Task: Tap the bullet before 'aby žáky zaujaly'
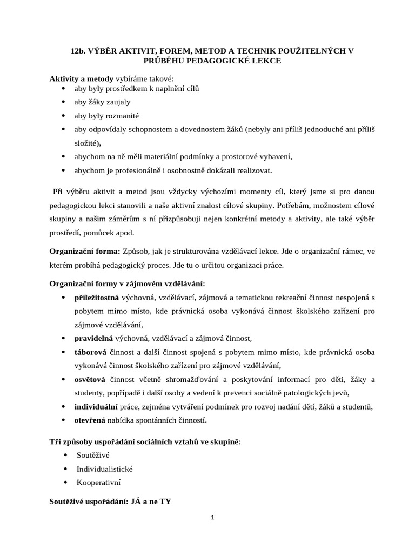coord(64,102)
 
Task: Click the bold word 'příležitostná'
coord(96,298)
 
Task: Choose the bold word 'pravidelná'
coord(93,338)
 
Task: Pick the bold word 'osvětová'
coord(90,379)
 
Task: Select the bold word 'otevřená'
coord(90,420)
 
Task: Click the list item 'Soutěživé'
coord(93,455)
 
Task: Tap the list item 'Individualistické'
coord(104,469)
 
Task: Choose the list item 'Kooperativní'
coord(98,482)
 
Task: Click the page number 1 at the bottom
coord(213,517)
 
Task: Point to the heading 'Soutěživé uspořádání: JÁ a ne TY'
coord(110,501)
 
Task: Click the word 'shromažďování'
coord(186,379)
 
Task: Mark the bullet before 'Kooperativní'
coord(65,482)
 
